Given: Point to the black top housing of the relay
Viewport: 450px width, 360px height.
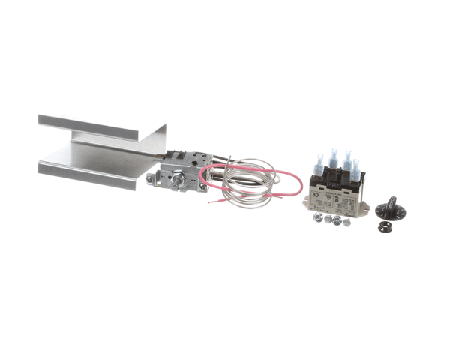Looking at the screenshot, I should pos(337,181).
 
